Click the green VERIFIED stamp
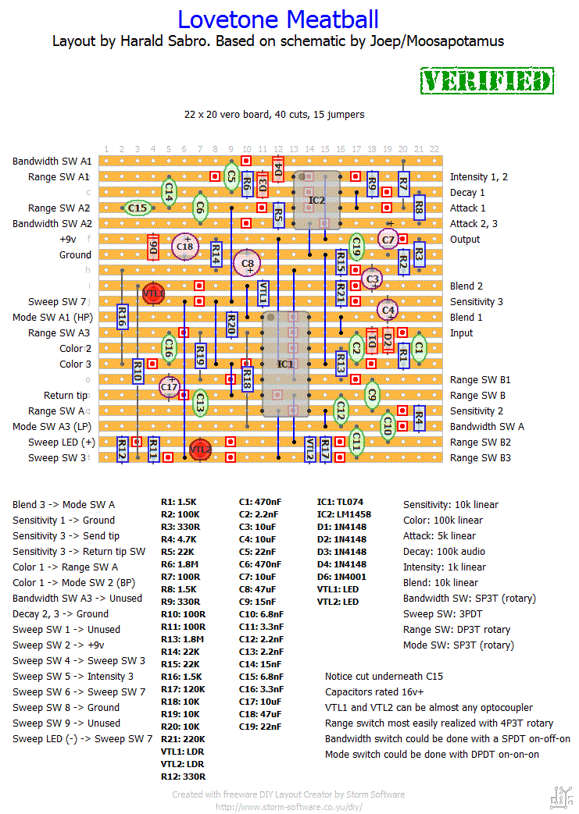click(487, 81)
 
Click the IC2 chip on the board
click(316, 201)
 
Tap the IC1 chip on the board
click(285, 364)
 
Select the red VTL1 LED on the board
click(153, 293)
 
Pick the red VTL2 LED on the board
click(200, 449)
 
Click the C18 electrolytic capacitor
click(185, 246)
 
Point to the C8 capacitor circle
click(248, 263)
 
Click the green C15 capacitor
click(138, 208)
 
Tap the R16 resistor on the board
click(122, 316)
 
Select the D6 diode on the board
click(153, 247)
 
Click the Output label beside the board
click(466, 240)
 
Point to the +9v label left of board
click(68, 240)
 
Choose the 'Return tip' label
click(65, 396)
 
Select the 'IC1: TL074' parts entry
click(340, 502)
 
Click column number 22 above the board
click(434, 149)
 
